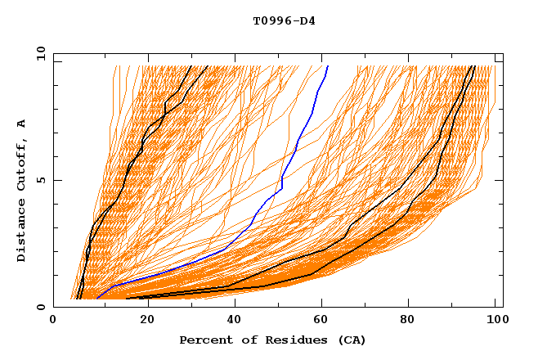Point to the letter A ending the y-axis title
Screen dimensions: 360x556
pyautogui.click(x=22, y=124)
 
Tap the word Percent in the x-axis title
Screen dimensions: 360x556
pyautogui.click(x=204, y=340)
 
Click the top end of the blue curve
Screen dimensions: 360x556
pyautogui.click(x=327, y=66)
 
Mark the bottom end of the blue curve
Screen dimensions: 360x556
pyautogui.click(x=96, y=299)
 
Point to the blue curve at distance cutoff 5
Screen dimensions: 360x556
pyautogui.click(x=282, y=180)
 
